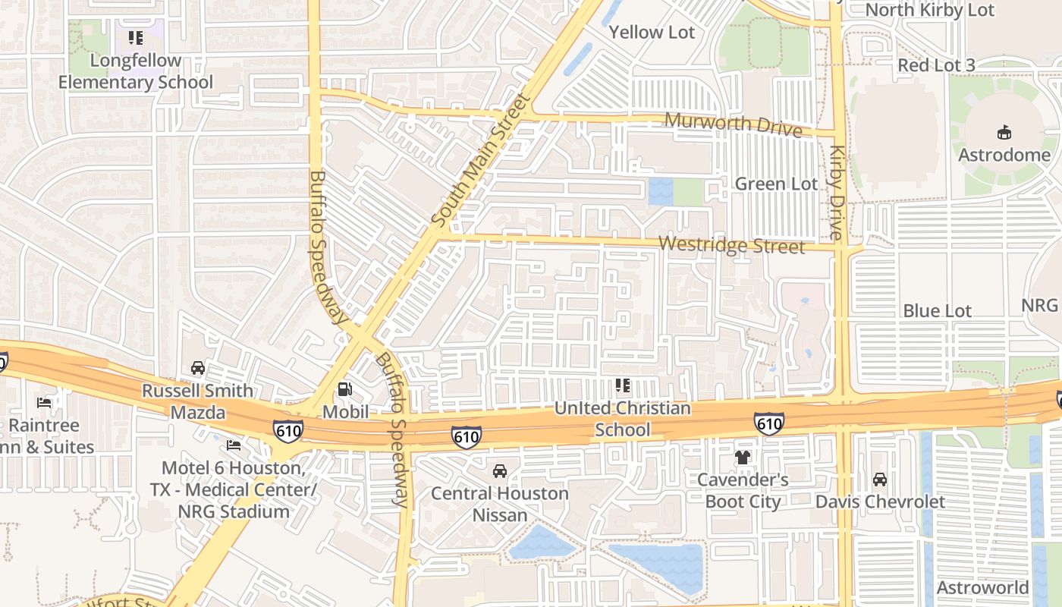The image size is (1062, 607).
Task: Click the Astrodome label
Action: (1004, 155)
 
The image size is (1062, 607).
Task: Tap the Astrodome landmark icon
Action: (1004, 133)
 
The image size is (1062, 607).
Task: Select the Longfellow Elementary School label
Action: (136, 71)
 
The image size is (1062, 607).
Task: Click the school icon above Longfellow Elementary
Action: (136, 38)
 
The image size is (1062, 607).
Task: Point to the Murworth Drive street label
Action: (733, 124)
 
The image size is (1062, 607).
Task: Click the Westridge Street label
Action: (731, 245)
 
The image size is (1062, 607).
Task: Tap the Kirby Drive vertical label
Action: (837, 193)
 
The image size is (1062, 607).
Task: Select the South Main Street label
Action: (479, 159)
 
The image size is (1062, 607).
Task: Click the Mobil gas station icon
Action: (345, 389)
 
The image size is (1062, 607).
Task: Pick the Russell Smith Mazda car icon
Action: (198, 368)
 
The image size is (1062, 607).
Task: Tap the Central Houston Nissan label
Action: (499, 504)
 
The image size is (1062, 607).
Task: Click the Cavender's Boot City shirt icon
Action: (743, 457)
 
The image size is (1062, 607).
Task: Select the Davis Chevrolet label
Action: (880, 502)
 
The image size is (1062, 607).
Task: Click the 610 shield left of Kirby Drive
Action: (768, 423)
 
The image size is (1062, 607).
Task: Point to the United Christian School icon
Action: (622, 385)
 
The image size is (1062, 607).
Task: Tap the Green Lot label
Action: (776, 184)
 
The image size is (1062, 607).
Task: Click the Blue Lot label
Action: (937, 310)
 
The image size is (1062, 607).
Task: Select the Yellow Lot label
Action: (652, 32)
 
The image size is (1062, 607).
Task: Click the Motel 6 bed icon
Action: (234, 445)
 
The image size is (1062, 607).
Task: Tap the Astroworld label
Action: (982, 587)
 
